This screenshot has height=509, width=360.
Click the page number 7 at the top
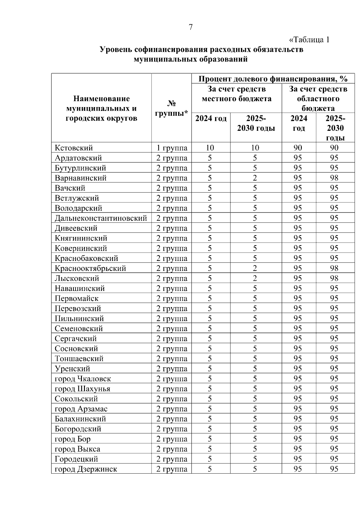[190, 27]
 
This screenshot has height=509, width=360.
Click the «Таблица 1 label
[309, 40]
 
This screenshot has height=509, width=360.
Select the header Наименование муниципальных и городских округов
[101, 108]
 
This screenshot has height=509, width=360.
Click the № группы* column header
[171, 108]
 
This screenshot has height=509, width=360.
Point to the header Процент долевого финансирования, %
[273, 79]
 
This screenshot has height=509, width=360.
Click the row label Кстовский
[74, 148]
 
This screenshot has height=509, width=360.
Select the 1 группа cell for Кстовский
[172, 148]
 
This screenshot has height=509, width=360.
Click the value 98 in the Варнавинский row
[334, 178]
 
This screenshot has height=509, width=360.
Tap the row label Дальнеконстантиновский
[101, 218]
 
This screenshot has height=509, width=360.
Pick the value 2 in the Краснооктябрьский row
[255, 268]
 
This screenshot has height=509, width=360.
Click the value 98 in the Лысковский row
[334, 278]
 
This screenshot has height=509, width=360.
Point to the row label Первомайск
[76, 298]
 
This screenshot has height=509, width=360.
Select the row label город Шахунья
[82, 389]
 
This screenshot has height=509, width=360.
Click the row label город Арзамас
[81, 409]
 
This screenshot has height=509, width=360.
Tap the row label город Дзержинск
[86, 469]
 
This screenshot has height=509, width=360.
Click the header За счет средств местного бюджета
[236, 94]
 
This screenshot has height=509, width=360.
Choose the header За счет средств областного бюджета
[318, 98]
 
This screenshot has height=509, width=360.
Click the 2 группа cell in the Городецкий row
[172, 459]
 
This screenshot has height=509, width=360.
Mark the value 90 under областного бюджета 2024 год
[298, 148]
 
